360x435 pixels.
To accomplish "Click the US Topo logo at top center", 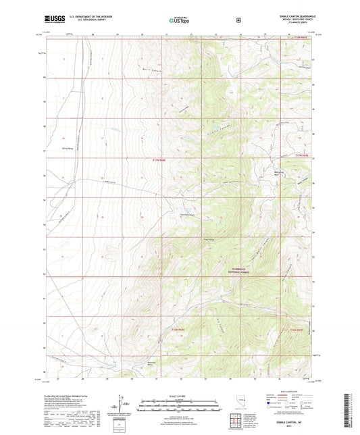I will click(179, 20).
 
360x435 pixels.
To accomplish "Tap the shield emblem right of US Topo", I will click(238, 20).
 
